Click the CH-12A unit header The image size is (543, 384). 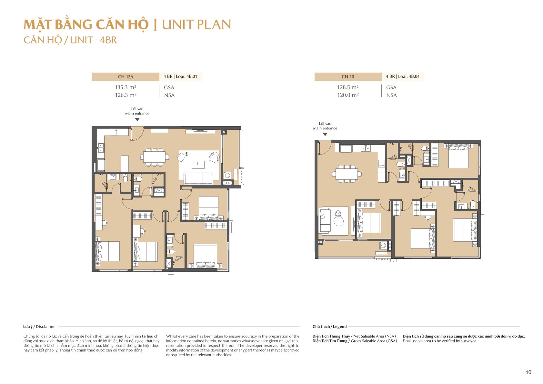coord(126,77)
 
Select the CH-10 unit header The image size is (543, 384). coord(347,77)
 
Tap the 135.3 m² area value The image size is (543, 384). coord(126,87)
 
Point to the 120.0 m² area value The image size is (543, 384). coord(347,95)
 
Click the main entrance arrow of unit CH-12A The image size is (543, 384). coord(137,119)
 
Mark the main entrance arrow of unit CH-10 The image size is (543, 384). coord(325,134)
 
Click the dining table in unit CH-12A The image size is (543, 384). coord(154,157)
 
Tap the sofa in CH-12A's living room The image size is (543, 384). coord(198,179)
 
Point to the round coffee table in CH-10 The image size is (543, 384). coord(338,221)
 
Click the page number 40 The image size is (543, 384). coord(528,372)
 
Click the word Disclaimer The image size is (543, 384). coord(46,327)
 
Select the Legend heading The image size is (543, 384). coord(340,327)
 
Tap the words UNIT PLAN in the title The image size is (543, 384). coord(196,25)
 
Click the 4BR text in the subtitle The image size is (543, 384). coord(108,40)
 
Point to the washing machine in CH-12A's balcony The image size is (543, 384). coord(227,176)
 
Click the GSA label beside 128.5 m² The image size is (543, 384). coord(391,87)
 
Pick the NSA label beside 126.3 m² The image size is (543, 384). coord(169,95)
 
